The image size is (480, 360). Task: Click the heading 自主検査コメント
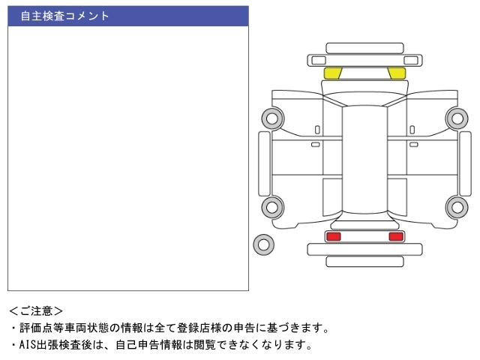coord(64,16)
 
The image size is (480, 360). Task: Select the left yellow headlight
coord(333,73)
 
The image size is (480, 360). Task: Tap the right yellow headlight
coord(397,73)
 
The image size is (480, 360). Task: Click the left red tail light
coord(334,236)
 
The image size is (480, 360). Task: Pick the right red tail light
coord(396,236)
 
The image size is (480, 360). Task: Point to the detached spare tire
coord(263,244)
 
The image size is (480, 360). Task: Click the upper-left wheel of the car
coord(272,118)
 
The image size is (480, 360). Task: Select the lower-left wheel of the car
coord(272,207)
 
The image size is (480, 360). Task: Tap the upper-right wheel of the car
coord(457,118)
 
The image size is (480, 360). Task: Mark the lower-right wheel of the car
coord(457,207)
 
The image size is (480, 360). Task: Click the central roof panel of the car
coord(364,159)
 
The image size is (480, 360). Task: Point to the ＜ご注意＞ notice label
coord(36,311)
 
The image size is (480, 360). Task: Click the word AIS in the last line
coord(28,345)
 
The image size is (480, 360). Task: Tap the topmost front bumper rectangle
coord(364,48)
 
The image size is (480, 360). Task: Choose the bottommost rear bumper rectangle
coord(364,262)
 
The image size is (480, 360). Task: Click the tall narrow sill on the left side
coord(264,163)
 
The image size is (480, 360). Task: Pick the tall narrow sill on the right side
coord(465,163)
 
